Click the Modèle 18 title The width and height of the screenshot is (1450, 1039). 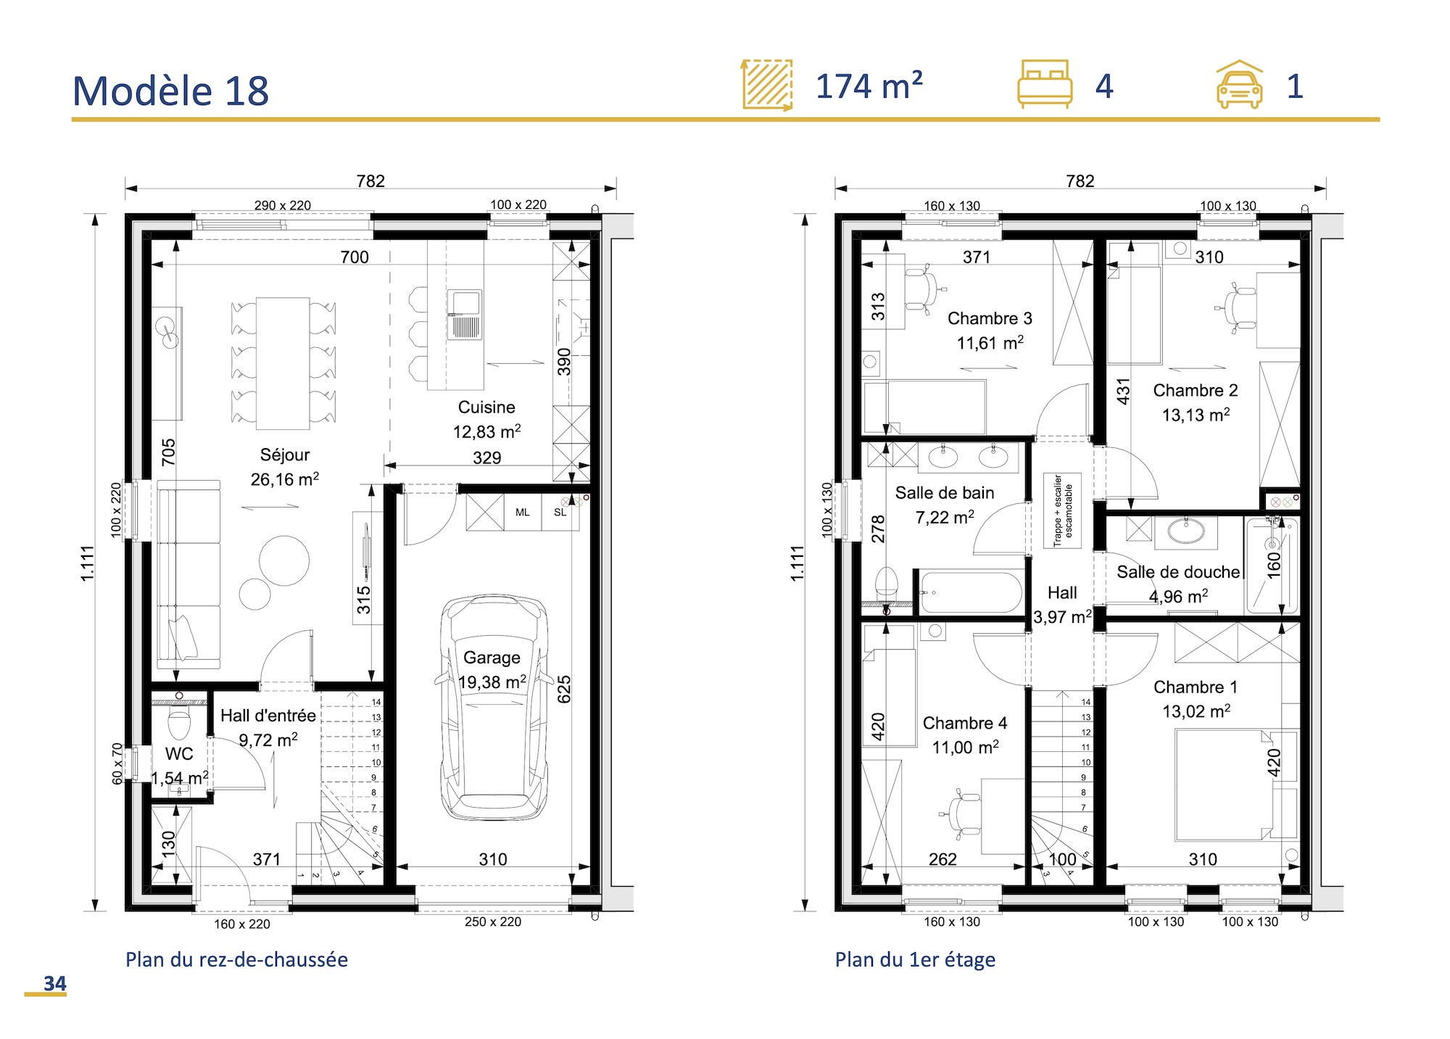pyautogui.click(x=171, y=91)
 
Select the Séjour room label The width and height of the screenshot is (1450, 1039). pyautogui.click(x=285, y=455)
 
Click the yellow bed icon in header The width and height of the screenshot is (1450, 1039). pyautogui.click(x=1044, y=84)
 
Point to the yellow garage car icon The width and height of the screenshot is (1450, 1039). pyautogui.click(x=1239, y=86)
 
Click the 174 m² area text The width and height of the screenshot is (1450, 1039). pyautogui.click(x=869, y=86)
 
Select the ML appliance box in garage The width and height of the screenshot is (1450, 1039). pyautogui.click(x=523, y=512)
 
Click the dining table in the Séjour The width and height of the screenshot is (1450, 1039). pyautogui.click(x=283, y=363)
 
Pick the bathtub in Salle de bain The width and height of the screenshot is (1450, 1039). pyautogui.click(x=971, y=592)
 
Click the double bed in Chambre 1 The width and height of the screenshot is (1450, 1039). pyautogui.click(x=1224, y=785)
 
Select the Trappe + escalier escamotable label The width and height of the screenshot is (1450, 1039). pyautogui.click(x=1062, y=510)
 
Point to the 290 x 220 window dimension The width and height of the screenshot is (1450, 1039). pyautogui.click(x=282, y=205)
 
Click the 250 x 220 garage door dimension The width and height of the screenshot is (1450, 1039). pyautogui.click(x=493, y=922)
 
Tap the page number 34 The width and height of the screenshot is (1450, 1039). pyautogui.click(x=54, y=983)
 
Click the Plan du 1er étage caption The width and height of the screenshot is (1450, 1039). pyautogui.click(x=915, y=959)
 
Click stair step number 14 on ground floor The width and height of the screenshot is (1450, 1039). pyautogui.click(x=376, y=702)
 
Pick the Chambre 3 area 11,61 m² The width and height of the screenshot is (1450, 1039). pyautogui.click(x=990, y=343)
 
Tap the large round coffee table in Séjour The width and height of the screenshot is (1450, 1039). pyautogui.click(x=284, y=560)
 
